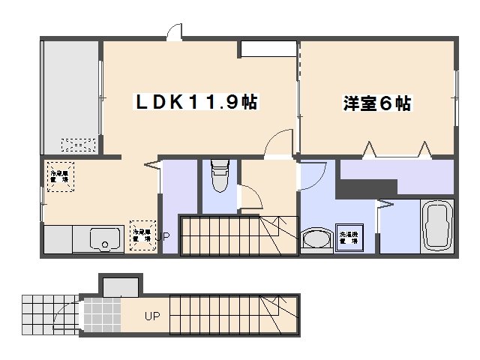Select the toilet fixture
[219, 178]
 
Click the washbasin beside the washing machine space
[318, 238]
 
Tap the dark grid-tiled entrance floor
[101, 316]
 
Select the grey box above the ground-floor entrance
[119, 286]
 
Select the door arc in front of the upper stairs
[250, 196]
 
